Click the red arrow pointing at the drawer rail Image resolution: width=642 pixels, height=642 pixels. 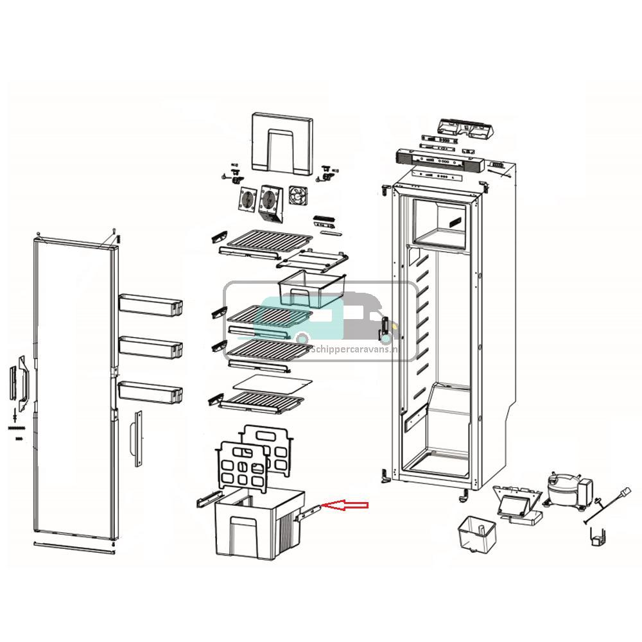tap(345, 506)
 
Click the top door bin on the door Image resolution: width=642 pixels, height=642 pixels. tap(150, 304)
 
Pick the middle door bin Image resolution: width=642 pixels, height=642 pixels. tap(150, 347)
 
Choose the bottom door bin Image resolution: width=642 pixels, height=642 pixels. tap(150, 391)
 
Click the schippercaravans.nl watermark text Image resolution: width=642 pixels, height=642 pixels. tap(363, 350)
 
